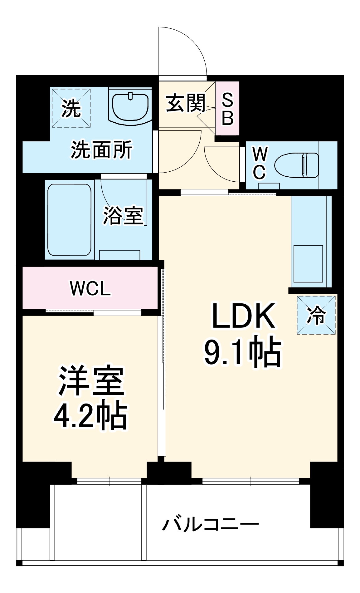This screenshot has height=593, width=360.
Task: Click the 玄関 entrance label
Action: pyautogui.click(x=185, y=103)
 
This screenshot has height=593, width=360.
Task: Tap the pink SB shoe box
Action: pyautogui.click(x=227, y=109)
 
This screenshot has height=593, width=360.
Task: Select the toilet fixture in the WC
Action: pyautogui.click(x=297, y=165)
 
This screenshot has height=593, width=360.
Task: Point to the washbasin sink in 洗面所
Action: pyautogui.click(x=130, y=107)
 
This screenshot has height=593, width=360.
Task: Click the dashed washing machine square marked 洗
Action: pyautogui.click(x=71, y=108)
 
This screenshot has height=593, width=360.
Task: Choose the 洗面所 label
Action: pyautogui.click(x=101, y=150)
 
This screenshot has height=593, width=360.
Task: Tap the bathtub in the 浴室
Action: pyautogui.click(x=69, y=220)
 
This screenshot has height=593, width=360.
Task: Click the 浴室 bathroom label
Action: pyautogui.click(x=123, y=215)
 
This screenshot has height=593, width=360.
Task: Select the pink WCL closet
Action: pyautogui.click(x=90, y=288)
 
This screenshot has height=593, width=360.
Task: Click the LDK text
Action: pyautogui.click(x=243, y=316)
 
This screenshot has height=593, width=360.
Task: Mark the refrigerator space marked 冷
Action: pyautogui.click(x=316, y=315)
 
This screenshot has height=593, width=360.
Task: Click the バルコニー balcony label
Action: pyautogui.click(x=210, y=524)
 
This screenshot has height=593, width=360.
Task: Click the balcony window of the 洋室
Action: pyautogui.click(x=109, y=481)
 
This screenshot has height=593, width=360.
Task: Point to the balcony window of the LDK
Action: pyautogui.click(x=251, y=481)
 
